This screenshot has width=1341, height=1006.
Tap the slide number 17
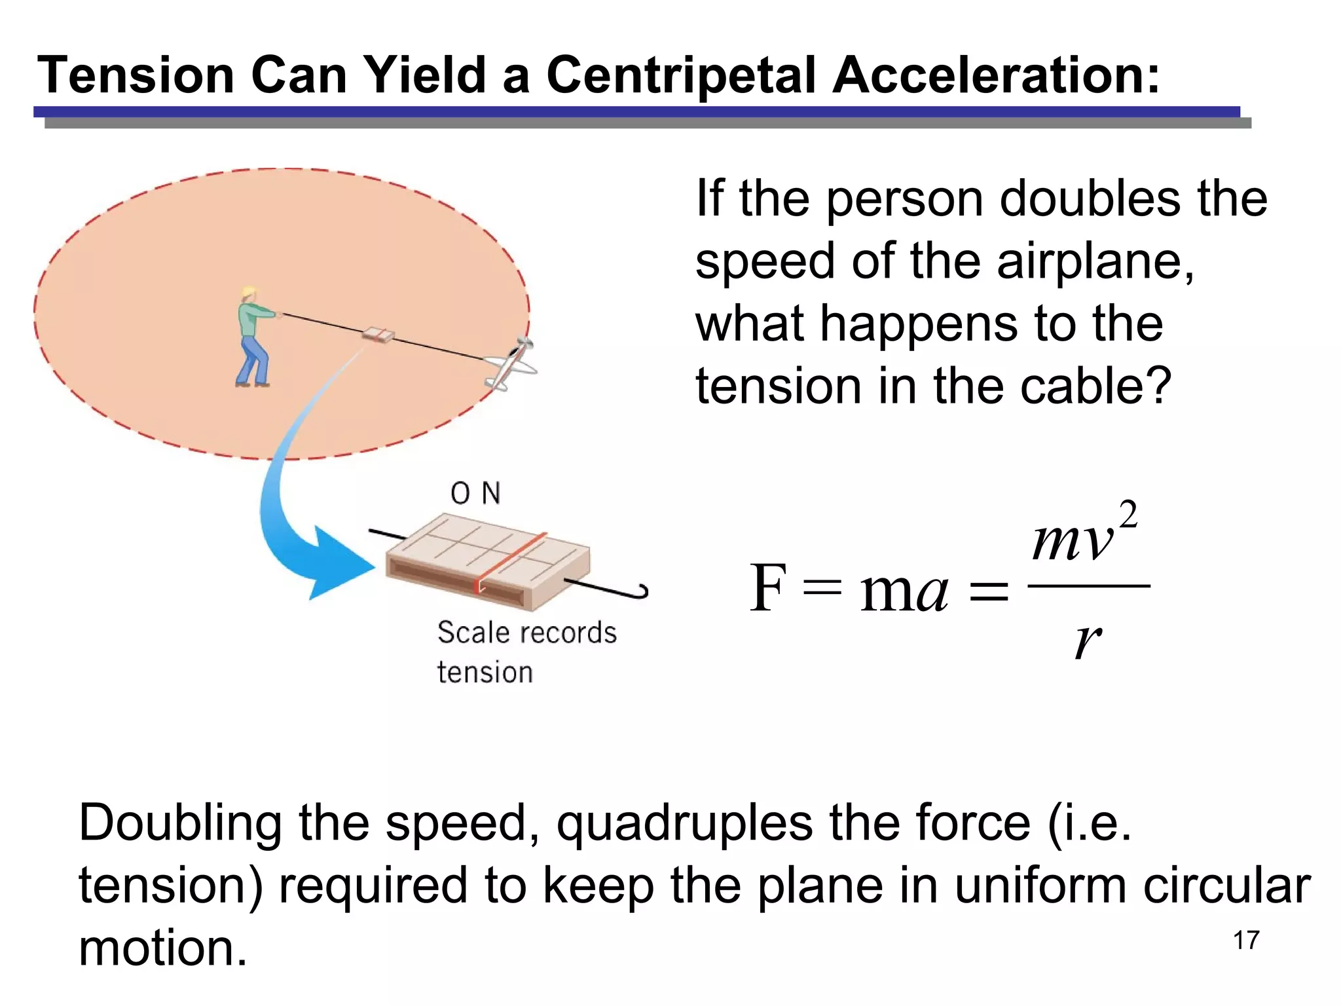tap(1246, 941)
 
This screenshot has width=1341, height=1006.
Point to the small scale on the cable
tap(378, 335)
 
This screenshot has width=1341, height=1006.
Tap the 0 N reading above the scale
tap(475, 493)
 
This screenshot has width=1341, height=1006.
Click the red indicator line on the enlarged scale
tap(511, 561)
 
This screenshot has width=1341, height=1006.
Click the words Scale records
tap(526, 633)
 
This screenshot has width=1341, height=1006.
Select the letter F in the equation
tap(767, 588)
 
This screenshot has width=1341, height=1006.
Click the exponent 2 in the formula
tap(1128, 515)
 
